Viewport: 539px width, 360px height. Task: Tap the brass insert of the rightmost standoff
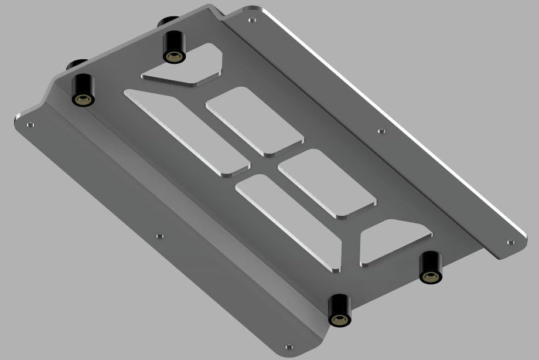point(430,276)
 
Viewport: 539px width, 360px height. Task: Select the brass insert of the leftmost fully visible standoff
point(81,98)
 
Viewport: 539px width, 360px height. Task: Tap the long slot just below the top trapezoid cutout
point(187,132)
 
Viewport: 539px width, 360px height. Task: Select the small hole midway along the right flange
point(381,131)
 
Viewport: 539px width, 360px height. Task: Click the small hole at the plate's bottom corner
point(288,347)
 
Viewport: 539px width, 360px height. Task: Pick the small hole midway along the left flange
point(159,236)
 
